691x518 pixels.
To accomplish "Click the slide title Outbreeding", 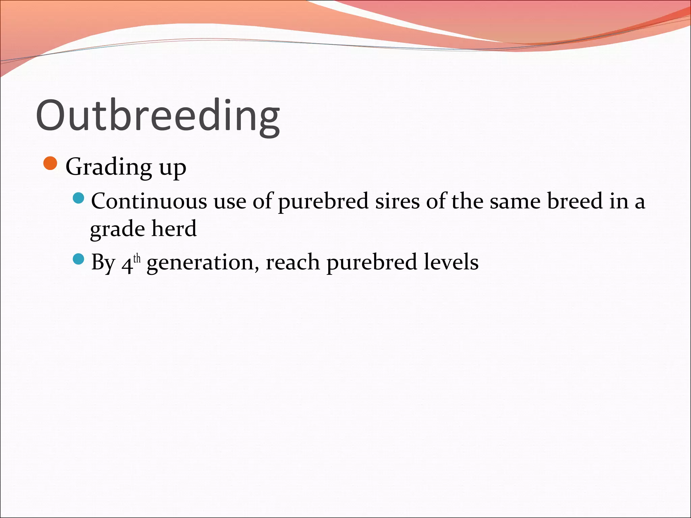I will click(x=158, y=116).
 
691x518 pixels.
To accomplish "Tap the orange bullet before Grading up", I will click(x=51, y=164).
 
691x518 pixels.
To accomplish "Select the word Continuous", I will click(x=149, y=201).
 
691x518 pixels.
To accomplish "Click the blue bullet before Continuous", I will click(x=78, y=198).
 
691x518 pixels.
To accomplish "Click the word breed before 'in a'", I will click(x=575, y=201).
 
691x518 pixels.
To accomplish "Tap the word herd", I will click(x=174, y=229).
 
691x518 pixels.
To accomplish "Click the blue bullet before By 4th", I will click(x=78, y=259).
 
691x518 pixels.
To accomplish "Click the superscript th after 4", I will click(x=137, y=259).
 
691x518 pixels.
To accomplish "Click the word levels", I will click(x=451, y=262).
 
